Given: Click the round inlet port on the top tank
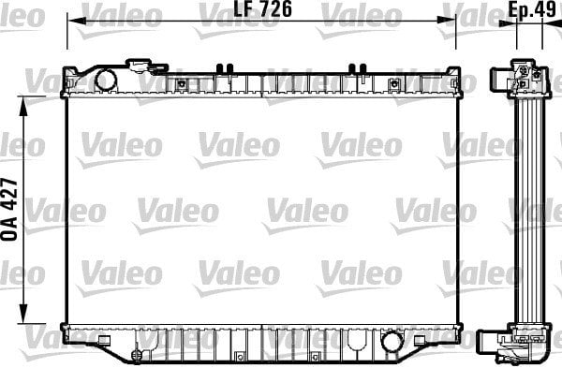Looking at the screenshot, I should tap(105, 80).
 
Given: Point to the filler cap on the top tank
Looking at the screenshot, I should tap(142, 66).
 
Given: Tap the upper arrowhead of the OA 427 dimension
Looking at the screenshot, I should tap(25, 97).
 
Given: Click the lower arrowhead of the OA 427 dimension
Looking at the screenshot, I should tap(25, 317).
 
